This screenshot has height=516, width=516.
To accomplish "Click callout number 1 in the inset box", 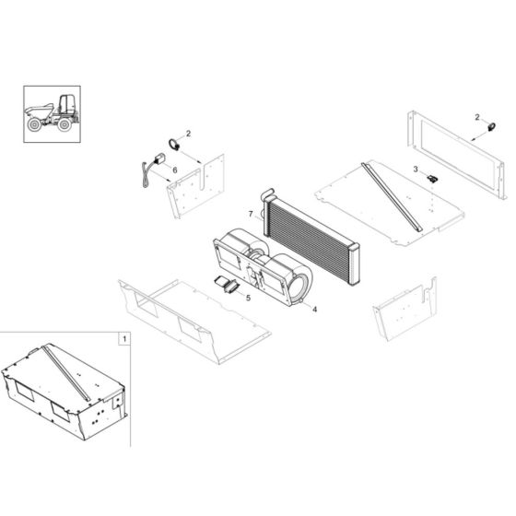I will pyautogui.click(x=123, y=340).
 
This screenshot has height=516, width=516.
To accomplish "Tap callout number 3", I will pyautogui.click(x=416, y=170).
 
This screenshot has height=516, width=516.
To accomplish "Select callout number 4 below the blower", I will pyautogui.click(x=315, y=309).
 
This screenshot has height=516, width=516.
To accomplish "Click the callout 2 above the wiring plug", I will pyautogui.click(x=188, y=135).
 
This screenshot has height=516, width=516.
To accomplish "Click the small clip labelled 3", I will pyautogui.click(x=431, y=179).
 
